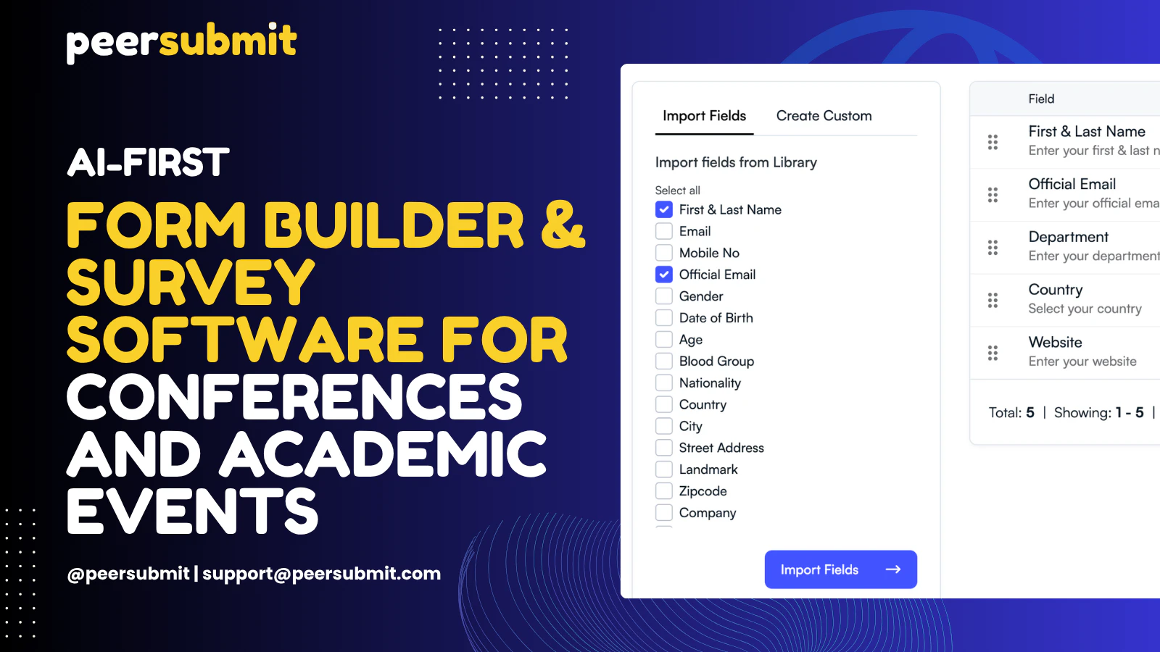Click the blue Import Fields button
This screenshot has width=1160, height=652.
click(840, 569)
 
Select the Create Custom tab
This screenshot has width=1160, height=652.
click(824, 116)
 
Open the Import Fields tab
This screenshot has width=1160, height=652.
click(704, 116)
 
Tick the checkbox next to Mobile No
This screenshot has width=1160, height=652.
click(664, 253)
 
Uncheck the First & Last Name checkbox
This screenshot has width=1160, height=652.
click(664, 209)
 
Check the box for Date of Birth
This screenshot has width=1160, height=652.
click(664, 318)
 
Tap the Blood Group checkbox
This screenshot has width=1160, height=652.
click(664, 361)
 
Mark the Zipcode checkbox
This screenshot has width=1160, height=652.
click(664, 491)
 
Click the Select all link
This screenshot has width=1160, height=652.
click(677, 191)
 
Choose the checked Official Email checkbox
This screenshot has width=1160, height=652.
click(664, 275)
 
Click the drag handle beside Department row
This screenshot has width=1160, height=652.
click(993, 248)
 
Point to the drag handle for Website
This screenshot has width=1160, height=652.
click(993, 353)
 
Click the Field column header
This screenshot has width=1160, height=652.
click(1041, 99)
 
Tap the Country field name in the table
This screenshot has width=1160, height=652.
click(1055, 290)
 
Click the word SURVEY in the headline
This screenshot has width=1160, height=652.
click(191, 282)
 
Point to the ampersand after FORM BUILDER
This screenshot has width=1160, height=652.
click(563, 225)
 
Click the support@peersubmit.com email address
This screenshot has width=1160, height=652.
click(321, 574)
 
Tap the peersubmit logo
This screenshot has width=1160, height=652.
click(181, 41)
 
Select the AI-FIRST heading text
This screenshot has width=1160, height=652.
click(148, 162)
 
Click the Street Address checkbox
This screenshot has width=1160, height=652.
click(664, 448)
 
